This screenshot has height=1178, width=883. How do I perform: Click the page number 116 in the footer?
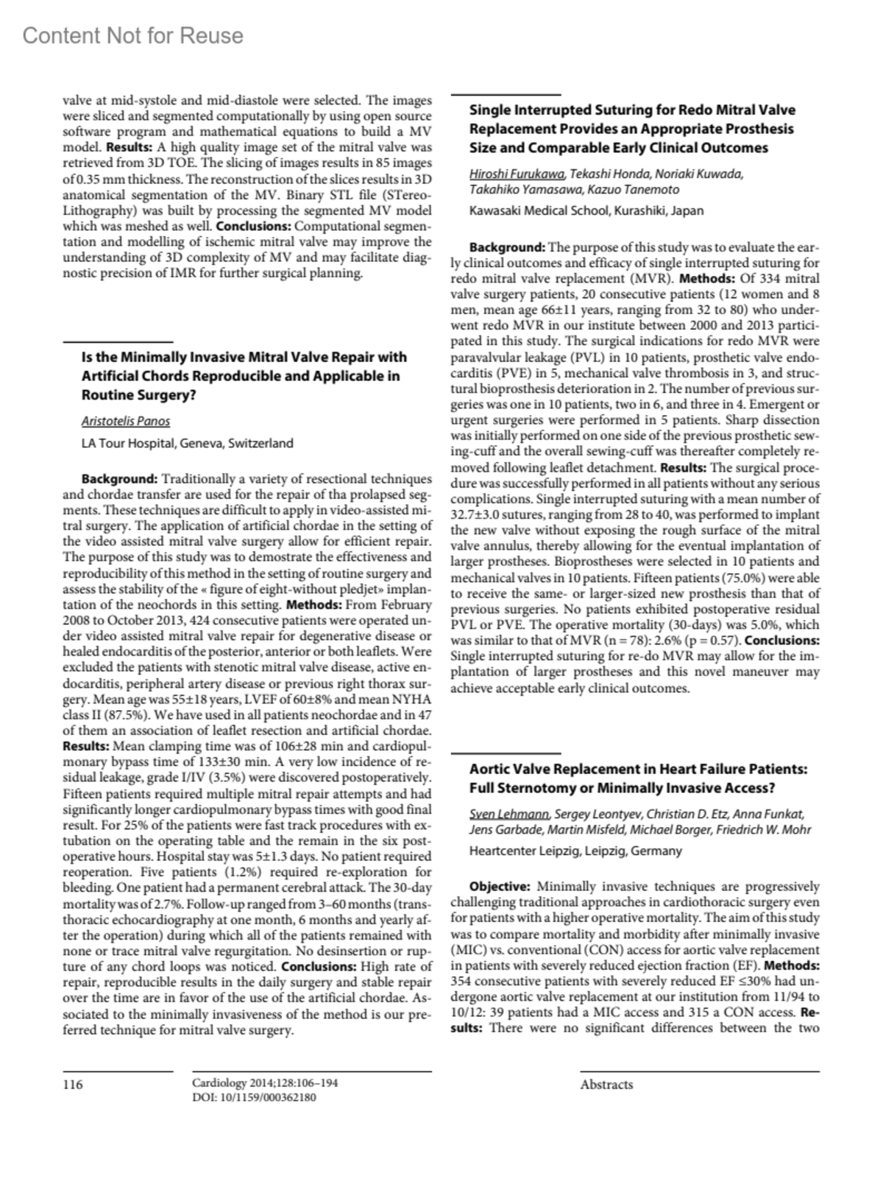pyautogui.click(x=73, y=1084)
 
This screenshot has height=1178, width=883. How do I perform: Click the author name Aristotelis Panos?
pyautogui.click(x=126, y=422)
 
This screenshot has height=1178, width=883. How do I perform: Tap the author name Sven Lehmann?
pyautogui.click(x=509, y=814)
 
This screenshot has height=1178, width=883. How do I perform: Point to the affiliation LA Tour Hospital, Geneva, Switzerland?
pyautogui.click(x=187, y=444)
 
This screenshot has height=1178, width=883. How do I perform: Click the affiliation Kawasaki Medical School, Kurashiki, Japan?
pyautogui.click(x=586, y=211)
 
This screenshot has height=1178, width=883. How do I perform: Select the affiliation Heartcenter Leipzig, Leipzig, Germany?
pyautogui.click(x=575, y=851)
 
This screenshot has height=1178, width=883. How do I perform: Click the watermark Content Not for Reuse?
pyautogui.click(x=132, y=35)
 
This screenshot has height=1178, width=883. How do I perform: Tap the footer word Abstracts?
pyautogui.click(x=606, y=1084)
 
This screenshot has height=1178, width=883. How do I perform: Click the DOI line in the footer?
pyautogui.click(x=254, y=1097)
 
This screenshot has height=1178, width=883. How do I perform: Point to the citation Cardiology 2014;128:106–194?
pyautogui.click(x=265, y=1083)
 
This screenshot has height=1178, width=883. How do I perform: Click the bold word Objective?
pyautogui.click(x=500, y=887)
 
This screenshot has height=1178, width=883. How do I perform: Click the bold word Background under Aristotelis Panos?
pyautogui.click(x=119, y=480)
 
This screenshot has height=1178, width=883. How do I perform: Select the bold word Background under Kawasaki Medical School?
pyautogui.click(x=507, y=247)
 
